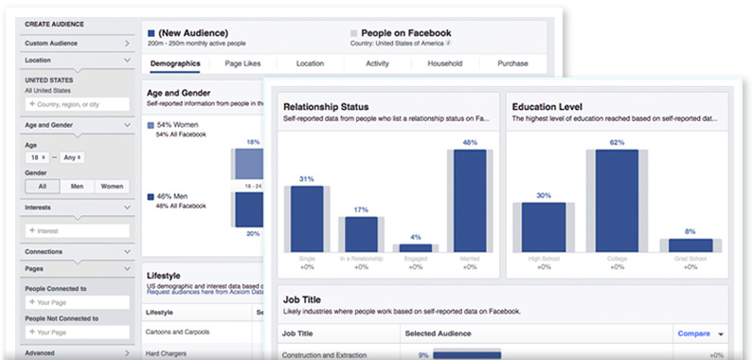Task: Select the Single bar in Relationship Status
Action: [306, 218]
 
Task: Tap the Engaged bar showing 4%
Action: [416, 247]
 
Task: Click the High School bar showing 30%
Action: [544, 226]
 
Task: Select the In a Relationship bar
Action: [361, 233]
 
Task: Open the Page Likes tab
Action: [243, 63]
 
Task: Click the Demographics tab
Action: [174, 63]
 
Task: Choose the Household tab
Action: [444, 63]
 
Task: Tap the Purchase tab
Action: [512, 63]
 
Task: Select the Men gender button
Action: [76, 187]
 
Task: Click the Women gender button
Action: [112, 187]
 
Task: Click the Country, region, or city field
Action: [78, 103]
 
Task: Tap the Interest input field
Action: [78, 230]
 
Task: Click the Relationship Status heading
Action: [326, 106]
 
